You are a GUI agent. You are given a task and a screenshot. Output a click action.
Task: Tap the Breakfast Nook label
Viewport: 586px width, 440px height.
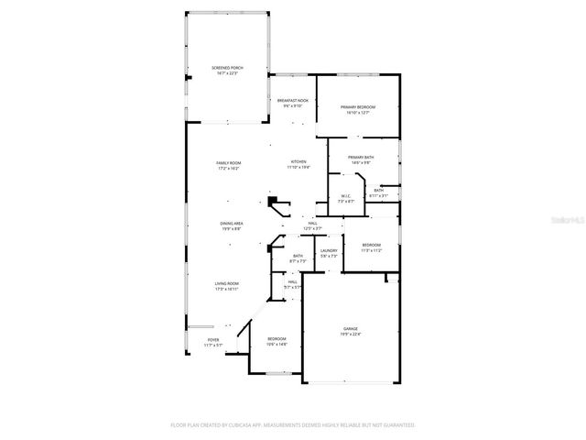[292, 103]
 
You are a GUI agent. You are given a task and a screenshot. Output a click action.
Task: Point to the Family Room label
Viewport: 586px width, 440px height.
[228, 165]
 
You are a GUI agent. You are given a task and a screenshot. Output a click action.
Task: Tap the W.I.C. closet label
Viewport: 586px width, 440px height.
[346, 197]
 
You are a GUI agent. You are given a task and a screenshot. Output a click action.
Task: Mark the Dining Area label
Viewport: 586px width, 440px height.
[231, 225]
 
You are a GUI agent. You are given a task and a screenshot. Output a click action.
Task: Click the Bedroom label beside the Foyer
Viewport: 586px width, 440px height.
[277, 342]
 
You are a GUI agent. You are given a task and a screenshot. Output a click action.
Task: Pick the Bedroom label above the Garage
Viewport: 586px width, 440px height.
[371, 247]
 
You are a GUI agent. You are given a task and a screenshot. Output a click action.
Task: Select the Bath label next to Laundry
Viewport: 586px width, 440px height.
[298, 258]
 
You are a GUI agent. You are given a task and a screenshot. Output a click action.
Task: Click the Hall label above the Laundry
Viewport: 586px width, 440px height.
[312, 225]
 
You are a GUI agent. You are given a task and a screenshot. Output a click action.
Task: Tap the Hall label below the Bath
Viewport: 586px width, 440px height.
[292, 285]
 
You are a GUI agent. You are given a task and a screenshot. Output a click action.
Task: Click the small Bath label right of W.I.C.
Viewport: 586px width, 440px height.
[378, 192]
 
